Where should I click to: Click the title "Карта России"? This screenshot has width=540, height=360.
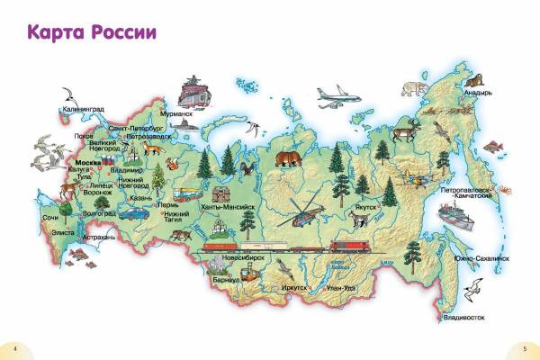(92, 32)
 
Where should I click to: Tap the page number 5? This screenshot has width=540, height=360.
(524, 347)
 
